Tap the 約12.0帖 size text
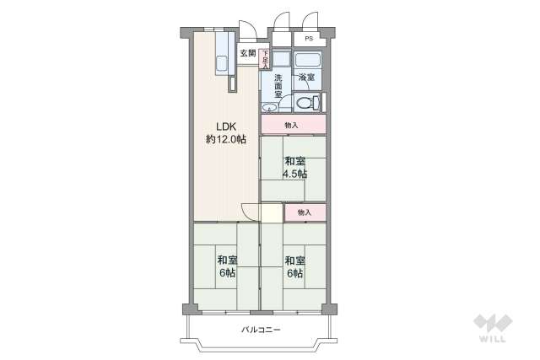pos(224,140)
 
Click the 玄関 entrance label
pos(247,55)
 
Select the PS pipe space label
pos(309,39)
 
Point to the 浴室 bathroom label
pos(306,78)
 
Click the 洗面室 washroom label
pos(278,83)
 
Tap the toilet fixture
pos(308,104)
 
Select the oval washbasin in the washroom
pos(270,107)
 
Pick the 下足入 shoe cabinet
pos(264,60)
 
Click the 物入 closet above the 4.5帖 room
pos(292,125)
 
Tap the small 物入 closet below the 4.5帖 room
pos(305,212)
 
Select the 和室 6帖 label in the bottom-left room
pos(225,266)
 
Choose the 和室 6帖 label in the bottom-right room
pos(294,266)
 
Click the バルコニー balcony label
pos(261,329)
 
